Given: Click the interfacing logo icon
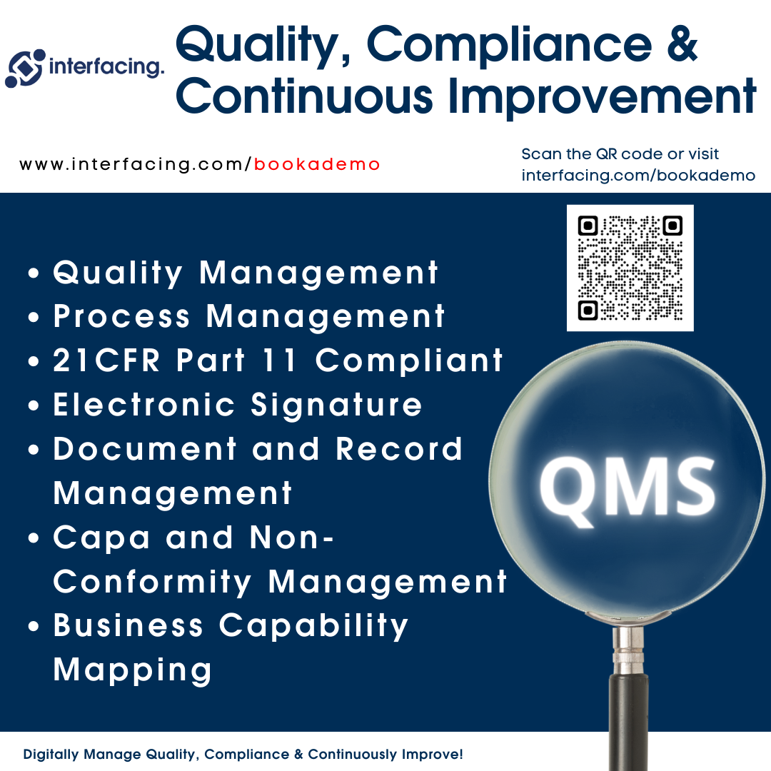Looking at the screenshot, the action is pyautogui.click(x=25, y=69).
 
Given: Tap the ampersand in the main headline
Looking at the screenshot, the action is pyautogui.click(x=682, y=44).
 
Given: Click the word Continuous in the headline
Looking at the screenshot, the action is pyautogui.click(x=304, y=96).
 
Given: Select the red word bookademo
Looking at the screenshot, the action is pyautogui.click(x=317, y=164).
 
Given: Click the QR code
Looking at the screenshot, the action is pyautogui.click(x=630, y=268).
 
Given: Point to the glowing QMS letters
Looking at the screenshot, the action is pyautogui.click(x=628, y=488).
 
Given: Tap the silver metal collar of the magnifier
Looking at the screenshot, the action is pyautogui.click(x=628, y=649).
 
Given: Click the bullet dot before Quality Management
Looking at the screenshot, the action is pyautogui.click(x=34, y=273).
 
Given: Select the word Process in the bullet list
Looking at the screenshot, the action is pyautogui.click(x=121, y=316).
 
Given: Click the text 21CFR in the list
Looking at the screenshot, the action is pyautogui.click(x=106, y=360).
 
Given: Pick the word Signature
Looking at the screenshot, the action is pyautogui.click(x=336, y=405).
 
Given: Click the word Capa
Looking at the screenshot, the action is pyautogui.click(x=101, y=538).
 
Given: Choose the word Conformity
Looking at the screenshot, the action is pyautogui.click(x=153, y=583).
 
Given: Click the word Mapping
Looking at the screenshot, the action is pyautogui.click(x=133, y=670).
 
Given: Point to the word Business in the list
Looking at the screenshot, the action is pyautogui.click(x=128, y=625).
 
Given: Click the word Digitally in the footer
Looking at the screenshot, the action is pyautogui.click(x=51, y=755).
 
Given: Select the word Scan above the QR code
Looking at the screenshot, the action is pyautogui.click(x=541, y=154).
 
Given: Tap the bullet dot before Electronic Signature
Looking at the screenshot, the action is pyautogui.click(x=34, y=406).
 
